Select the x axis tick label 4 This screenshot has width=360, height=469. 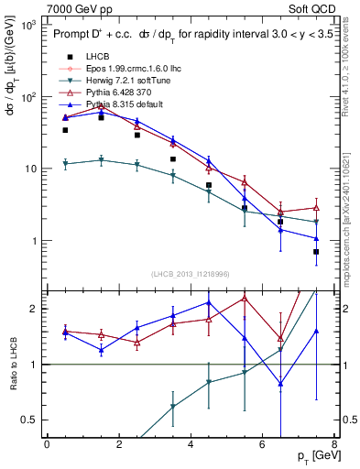pyautogui.click(x=190, y=444)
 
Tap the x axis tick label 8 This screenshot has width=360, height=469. pyautogui.click(x=333, y=444)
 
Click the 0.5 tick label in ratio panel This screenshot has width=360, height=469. pyautogui.click(x=27, y=420)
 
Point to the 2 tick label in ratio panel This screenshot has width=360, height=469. pyautogui.click(x=32, y=309)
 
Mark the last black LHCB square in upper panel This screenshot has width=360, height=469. pyautogui.click(x=316, y=252)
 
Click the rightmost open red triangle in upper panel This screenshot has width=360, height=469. pyautogui.click(x=316, y=208)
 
